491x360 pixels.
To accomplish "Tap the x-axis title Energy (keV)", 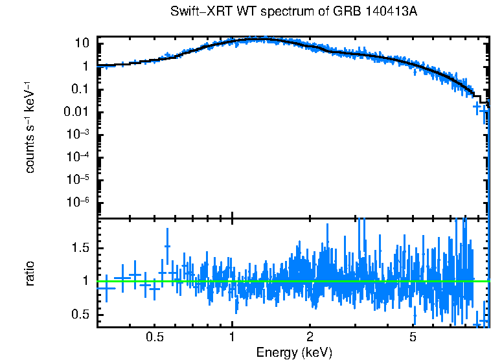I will (294, 352).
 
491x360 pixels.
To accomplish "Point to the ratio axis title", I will (30, 273).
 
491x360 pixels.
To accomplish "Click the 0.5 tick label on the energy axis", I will (154, 337).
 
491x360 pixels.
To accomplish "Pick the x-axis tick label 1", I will (232, 337).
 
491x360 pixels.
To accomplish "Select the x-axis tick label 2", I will (310, 337).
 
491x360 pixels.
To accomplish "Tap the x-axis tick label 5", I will (413, 337).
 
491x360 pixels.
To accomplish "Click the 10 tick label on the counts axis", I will (82, 43).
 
